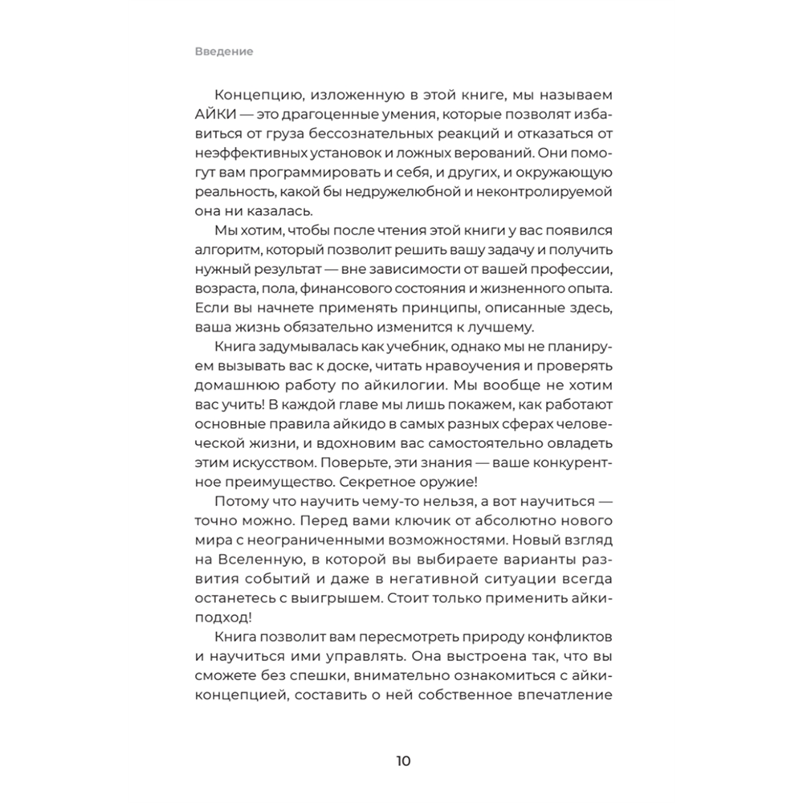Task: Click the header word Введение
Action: (x=223, y=51)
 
